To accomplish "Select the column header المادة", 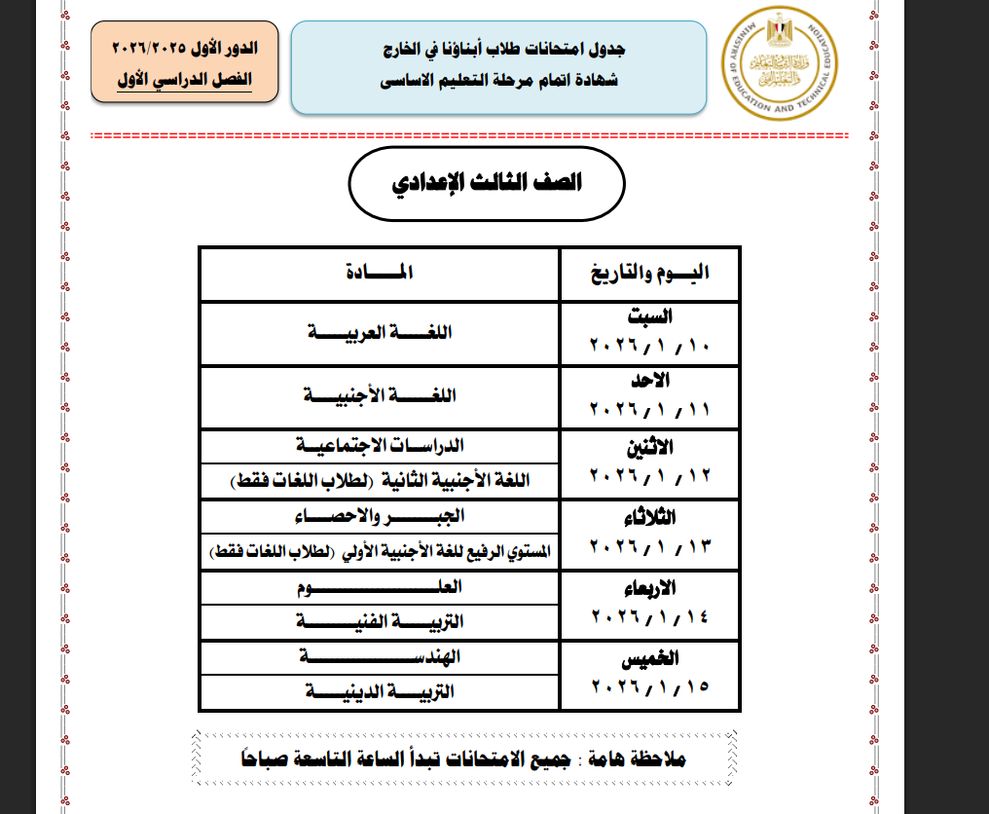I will click(379, 273).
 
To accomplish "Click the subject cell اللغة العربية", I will click(379, 332).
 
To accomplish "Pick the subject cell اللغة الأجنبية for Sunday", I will click(379, 395).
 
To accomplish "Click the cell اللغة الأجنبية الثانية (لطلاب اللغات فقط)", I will click(379, 481).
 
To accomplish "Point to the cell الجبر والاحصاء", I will click(379, 515).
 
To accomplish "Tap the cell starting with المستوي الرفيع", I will click(379, 551).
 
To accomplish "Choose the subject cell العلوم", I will click(379, 586).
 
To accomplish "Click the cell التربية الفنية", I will click(379, 621).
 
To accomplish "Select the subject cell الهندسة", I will click(379, 657).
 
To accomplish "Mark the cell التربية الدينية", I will click(379, 691).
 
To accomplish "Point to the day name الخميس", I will click(650, 660).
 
